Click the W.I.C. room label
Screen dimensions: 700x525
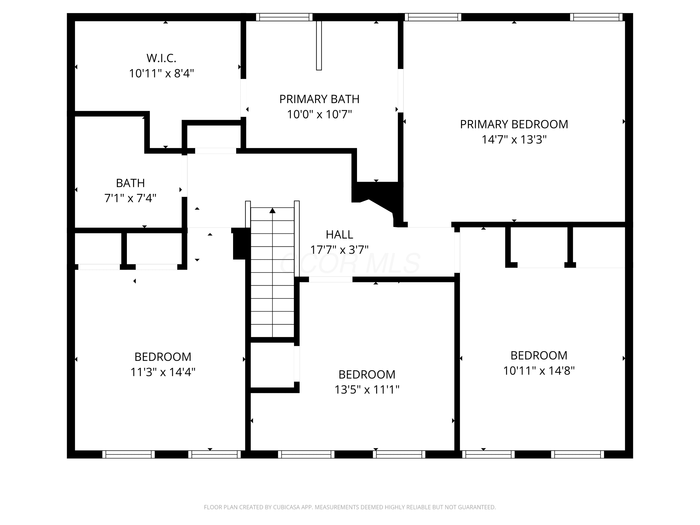coord(161,58)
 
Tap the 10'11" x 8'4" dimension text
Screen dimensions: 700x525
coord(161,73)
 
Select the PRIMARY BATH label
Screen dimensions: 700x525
coord(319,99)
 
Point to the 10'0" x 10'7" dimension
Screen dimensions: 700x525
coord(319,114)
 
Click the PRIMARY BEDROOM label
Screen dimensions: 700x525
coord(514,124)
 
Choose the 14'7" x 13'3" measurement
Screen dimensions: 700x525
coord(514,140)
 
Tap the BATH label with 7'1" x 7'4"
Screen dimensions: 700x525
coord(130,183)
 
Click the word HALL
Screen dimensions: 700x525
coord(339,234)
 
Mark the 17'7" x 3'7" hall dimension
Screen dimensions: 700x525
coord(339,250)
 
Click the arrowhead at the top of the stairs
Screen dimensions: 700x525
coord(273,210)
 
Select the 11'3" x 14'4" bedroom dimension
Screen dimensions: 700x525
coord(163,372)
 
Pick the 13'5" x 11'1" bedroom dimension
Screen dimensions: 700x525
coord(367,390)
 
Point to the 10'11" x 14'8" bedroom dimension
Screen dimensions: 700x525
coord(539,371)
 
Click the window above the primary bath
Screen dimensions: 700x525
coord(284,17)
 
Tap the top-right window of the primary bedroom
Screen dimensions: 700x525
coord(596,17)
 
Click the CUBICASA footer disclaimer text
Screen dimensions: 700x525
coord(350,507)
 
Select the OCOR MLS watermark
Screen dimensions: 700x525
coord(350,263)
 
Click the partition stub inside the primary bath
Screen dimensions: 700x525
coord(319,45)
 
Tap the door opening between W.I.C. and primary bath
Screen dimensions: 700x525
coord(243,98)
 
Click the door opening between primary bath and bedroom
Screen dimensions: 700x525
coord(401,91)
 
